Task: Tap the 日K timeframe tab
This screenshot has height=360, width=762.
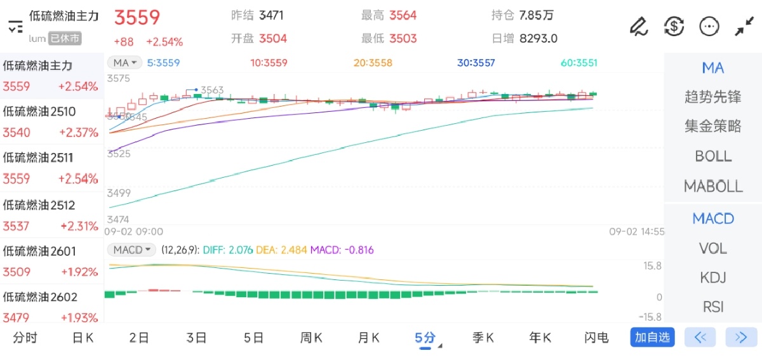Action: tap(83, 338)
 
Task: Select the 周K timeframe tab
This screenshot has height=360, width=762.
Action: tap(311, 338)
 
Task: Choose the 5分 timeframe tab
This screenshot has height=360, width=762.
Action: tap(425, 338)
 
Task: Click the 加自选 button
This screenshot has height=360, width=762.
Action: tap(652, 337)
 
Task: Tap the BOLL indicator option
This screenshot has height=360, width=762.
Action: tap(713, 156)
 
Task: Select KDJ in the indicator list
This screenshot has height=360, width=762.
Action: tap(713, 277)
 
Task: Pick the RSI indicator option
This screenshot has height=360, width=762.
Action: tap(713, 307)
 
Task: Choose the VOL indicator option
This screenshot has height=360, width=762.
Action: tap(713, 248)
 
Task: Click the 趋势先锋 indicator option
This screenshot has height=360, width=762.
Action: tap(713, 97)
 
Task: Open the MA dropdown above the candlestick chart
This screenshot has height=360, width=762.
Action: tap(124, 63)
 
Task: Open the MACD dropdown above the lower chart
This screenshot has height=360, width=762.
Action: tap(131, 250)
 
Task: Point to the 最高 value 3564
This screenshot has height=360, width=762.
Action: tap(403, 15)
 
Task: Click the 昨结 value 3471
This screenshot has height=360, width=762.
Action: tap(271, 15)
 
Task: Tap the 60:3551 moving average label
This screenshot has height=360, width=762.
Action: tap(578, 63)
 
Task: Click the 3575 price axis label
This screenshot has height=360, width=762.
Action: tap(119, 79)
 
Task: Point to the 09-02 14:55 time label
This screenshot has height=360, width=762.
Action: tap(636, 232)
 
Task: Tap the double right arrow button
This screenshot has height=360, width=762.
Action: tap(740, 337)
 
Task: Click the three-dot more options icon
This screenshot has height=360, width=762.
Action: tap(709, 26)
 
